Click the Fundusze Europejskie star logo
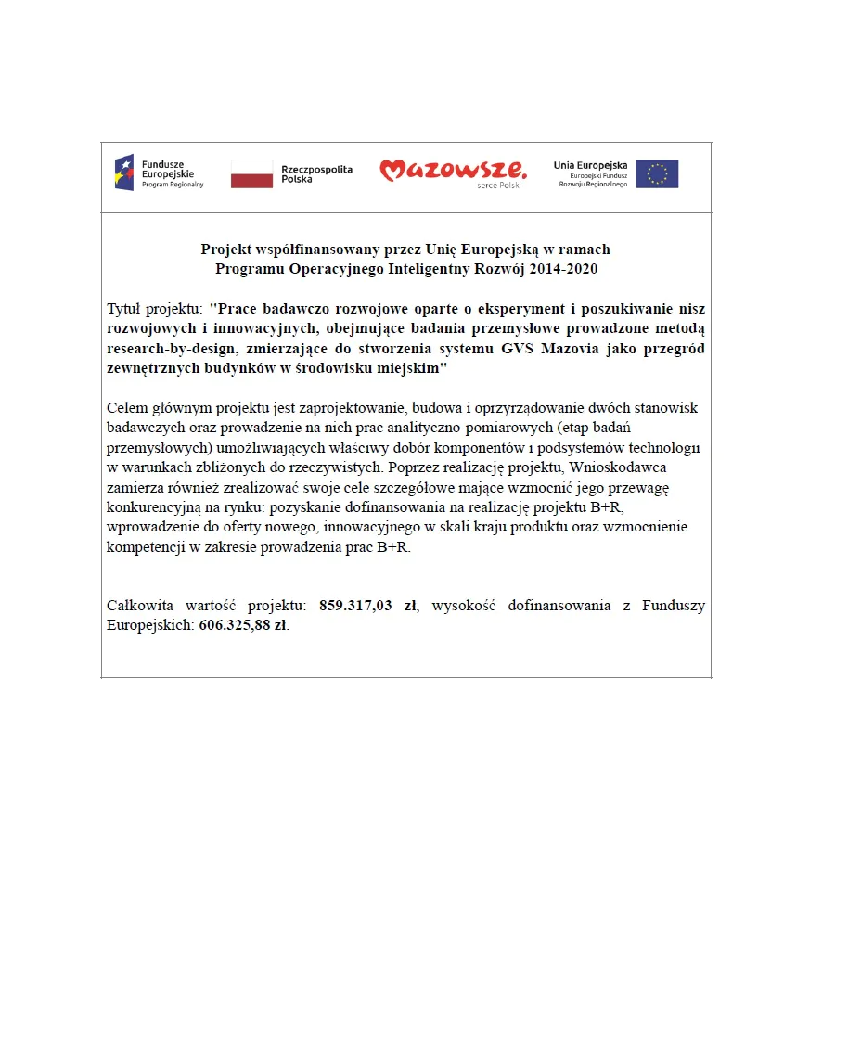124,173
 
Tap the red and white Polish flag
251,173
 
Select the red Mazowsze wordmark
452,170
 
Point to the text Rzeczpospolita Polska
316,174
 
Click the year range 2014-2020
560,269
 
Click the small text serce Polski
499,186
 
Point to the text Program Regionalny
173,185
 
